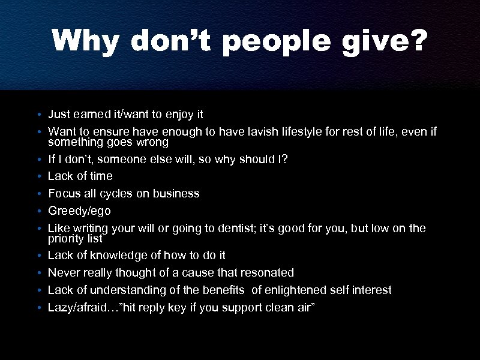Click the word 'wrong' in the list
coord(153,143)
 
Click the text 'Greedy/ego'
coord(79,211)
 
